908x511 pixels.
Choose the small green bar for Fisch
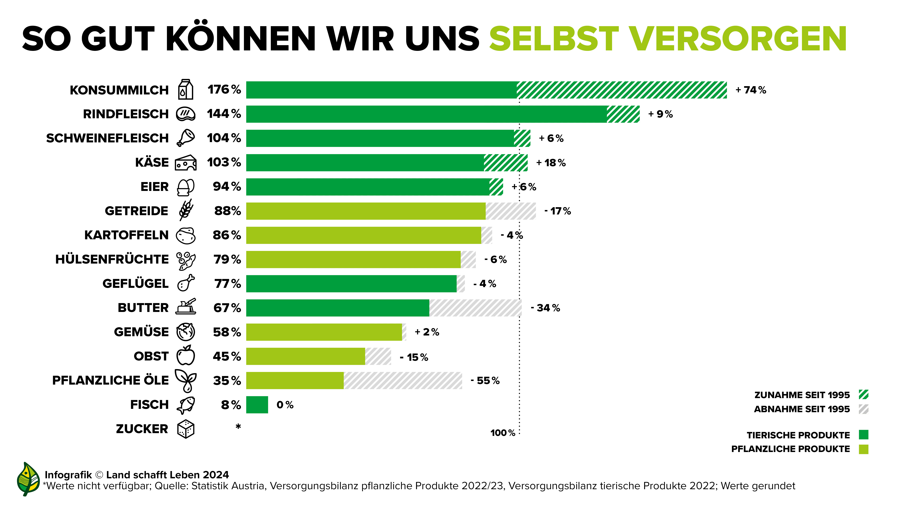pos(257,404)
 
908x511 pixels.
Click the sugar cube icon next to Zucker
pos(186,429)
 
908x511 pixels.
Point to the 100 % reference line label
pos(503,433)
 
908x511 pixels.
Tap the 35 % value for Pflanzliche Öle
pos(227,381)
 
